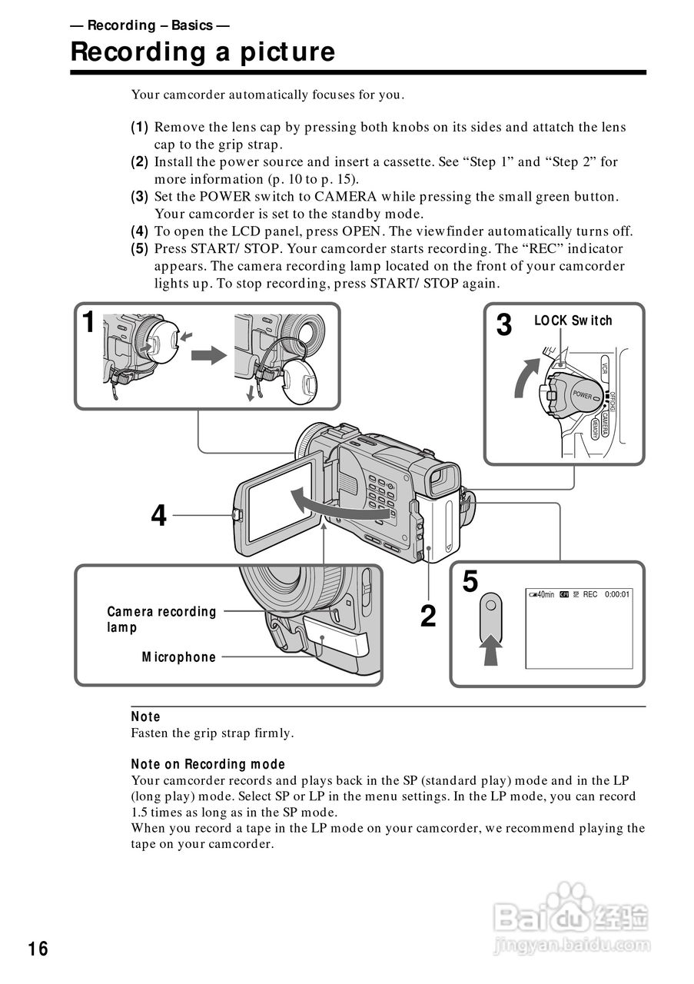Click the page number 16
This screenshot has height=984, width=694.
(38, 949)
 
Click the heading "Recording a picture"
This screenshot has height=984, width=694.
(203, 52)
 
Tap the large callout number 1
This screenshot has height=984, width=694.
(89, 322)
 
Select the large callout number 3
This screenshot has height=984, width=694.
(503, 325)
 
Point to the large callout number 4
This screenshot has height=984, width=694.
(158, 516)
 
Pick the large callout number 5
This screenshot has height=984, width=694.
(470, 582)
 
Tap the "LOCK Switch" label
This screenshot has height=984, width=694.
(573, 321)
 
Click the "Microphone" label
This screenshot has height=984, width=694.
(179, 657)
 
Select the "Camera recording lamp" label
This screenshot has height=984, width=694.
(161, 620)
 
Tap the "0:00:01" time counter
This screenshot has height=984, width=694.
(617, 594)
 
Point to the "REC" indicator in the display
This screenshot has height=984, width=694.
(590, 594)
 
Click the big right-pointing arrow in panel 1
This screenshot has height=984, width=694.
(210, 356)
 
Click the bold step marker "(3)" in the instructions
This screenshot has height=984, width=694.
(139, 197)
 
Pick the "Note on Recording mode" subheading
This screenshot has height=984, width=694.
(208, 765)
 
